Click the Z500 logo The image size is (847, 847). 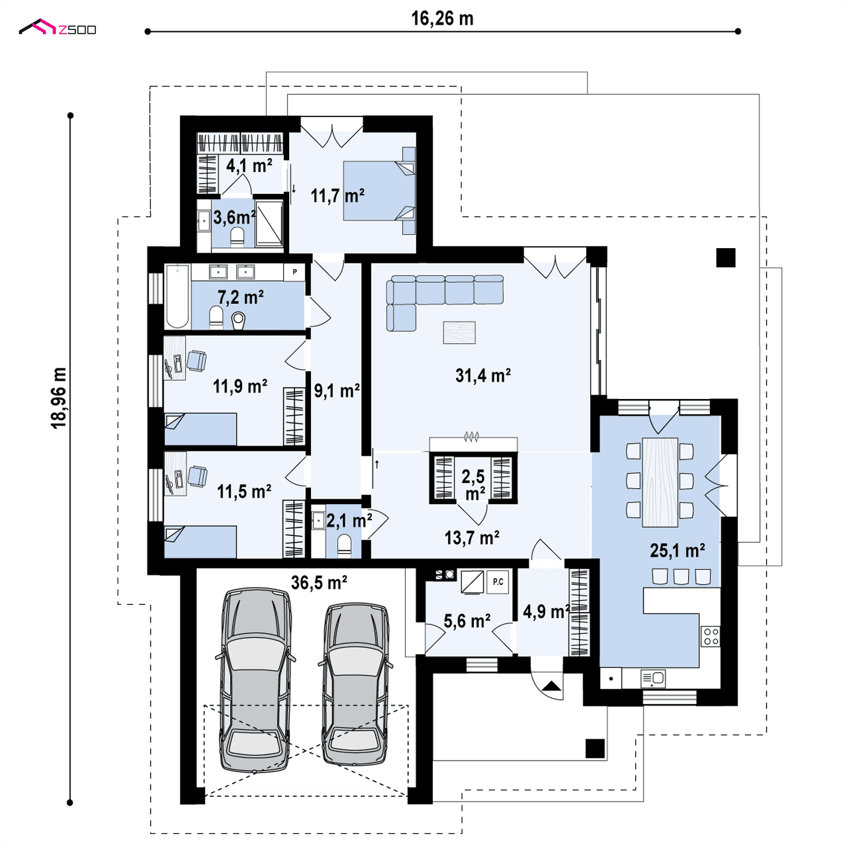click(57, 27)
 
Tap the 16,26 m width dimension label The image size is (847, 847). click(442, 19)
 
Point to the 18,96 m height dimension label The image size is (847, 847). click(59, 398)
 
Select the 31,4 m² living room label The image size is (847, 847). click(482, 376)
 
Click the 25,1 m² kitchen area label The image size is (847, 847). click(677, 551)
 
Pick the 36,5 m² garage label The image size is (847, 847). click(319, 583)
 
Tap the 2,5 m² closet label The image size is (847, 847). click(473, 484)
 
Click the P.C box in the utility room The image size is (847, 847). click(497, 582)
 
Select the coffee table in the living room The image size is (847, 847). click(459, 332)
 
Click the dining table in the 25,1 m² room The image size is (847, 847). click(660, 482)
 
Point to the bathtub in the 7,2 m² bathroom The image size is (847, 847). click(177, 296)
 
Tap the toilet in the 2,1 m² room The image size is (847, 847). click(344, 546)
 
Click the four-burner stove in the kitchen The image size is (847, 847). click(711, 637)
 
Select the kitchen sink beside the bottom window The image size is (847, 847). click(653, 679)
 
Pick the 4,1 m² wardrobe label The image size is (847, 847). click(249, 165)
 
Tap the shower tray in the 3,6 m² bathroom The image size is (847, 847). click(269, 223)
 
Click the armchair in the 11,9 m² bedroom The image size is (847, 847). click(196, 361)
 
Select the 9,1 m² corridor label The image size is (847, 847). click(337, 391)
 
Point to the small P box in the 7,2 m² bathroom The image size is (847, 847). click(295, 272)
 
